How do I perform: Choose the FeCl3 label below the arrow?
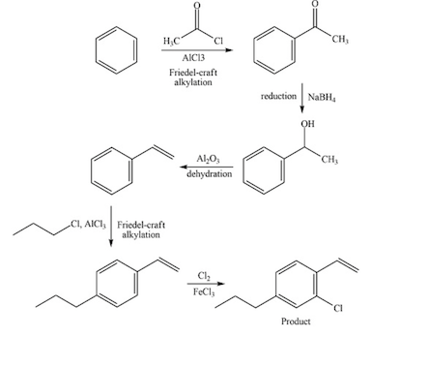(x=205, y=291)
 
